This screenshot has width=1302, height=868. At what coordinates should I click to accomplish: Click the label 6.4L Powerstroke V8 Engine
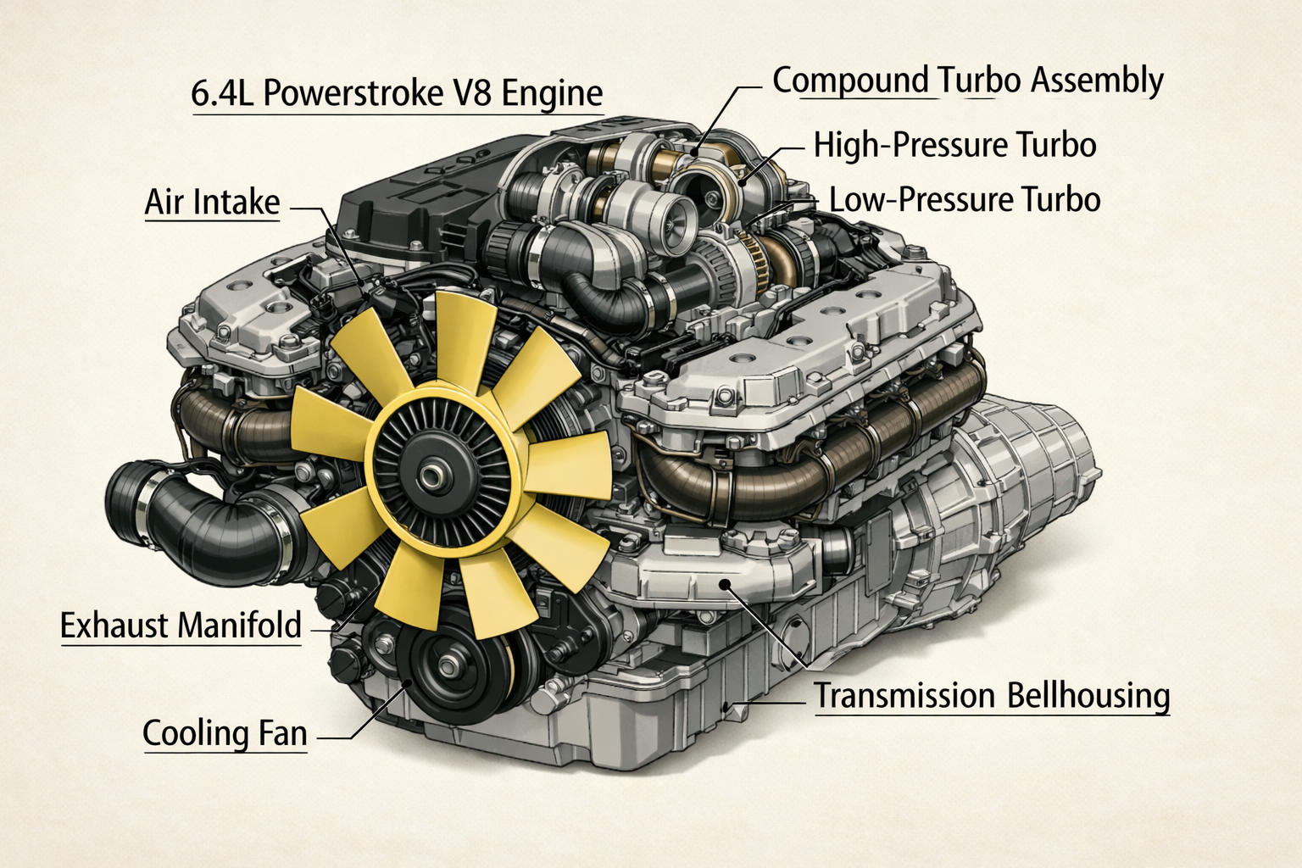coord(397,92)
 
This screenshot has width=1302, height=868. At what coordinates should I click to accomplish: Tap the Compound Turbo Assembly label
coord(967,81)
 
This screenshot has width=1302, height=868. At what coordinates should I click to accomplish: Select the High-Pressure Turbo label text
coord(954,145)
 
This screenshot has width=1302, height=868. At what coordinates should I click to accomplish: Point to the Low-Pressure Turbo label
coord(965,200)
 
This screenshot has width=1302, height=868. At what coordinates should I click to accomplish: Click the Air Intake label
coord(212,203)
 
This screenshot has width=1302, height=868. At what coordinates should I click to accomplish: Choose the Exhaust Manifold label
coord(181,626)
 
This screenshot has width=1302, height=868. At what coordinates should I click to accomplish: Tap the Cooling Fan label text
coord(225,733)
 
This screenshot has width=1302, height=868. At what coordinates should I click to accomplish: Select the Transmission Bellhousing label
coord(992,696)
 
